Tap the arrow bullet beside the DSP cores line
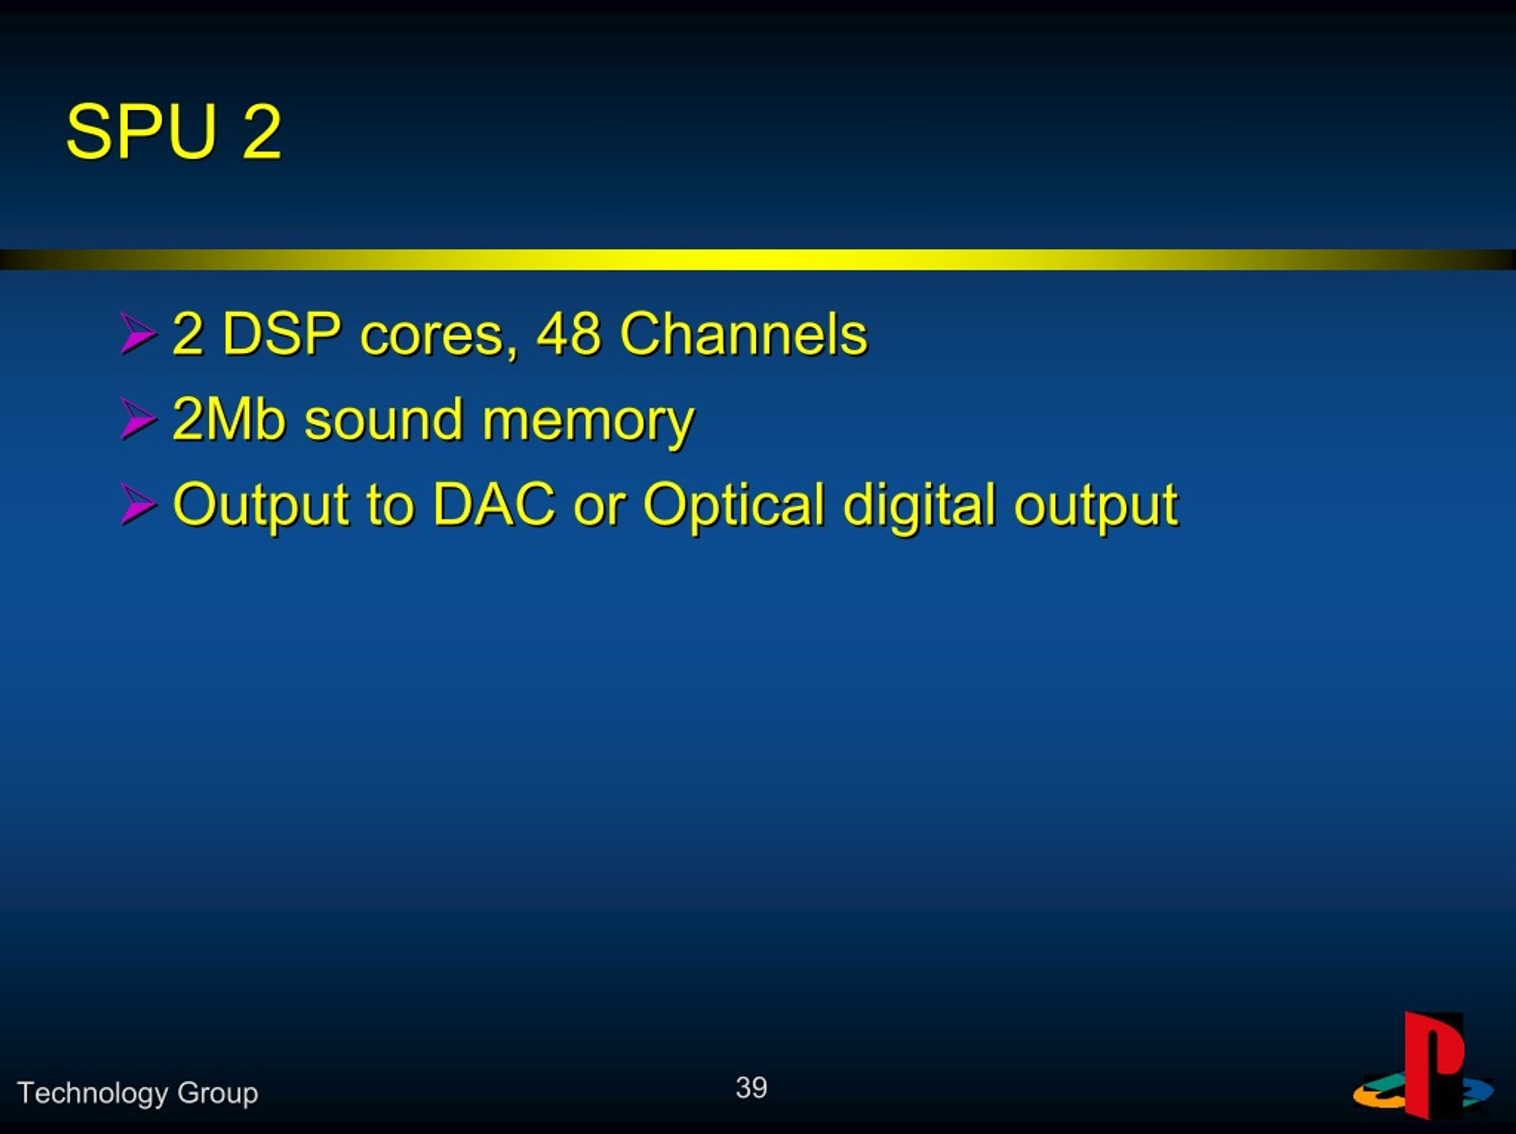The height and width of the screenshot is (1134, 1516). tap(138, 334)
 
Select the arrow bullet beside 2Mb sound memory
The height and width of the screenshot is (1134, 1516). tap(138, 419)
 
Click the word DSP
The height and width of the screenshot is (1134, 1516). tap(282, 334)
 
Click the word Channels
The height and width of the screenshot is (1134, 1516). tap(744, 334)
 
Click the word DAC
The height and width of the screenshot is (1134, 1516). tap(494, 504)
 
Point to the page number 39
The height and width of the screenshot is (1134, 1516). tap(751, 1088)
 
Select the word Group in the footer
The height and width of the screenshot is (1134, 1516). tap(217, 1094)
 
